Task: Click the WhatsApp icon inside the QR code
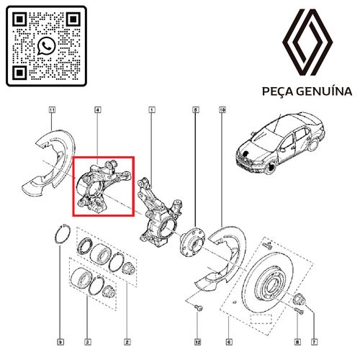coord(46,46)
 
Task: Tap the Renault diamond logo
coord(307,42)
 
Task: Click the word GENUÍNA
coord(324,91)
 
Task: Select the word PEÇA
coord(277,91)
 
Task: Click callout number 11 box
coord(52,110)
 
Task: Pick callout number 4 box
coord(97,110)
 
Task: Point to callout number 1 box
coord(152,110)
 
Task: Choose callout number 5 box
coord(196,110)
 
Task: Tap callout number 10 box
coord(222,110)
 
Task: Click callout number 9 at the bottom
coord(60,342)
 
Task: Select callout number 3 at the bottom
coord(88,342)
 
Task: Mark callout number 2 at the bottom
coord(127,342)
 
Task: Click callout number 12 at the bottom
coord(198,342)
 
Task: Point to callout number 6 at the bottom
coord(229,342)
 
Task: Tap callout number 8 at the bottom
coord(297,342)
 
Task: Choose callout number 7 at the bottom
coord(314,342)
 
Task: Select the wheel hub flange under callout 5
coord(193,243)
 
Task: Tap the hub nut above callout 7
coord(300,299)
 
